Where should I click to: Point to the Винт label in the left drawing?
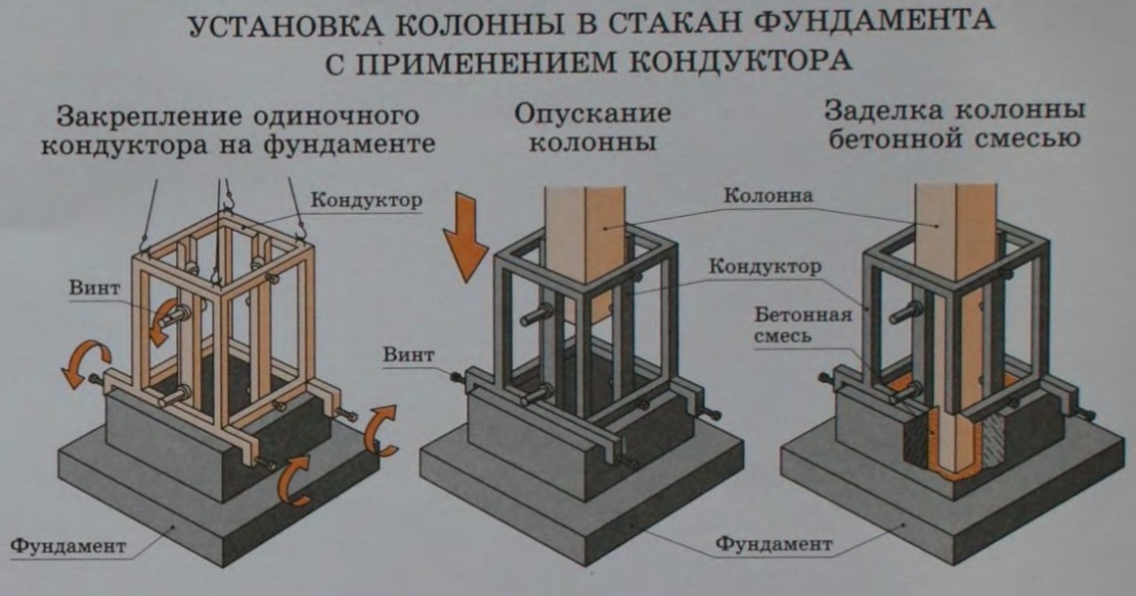tap(95, 288)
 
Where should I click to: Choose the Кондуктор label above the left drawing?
tap(366, 200)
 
